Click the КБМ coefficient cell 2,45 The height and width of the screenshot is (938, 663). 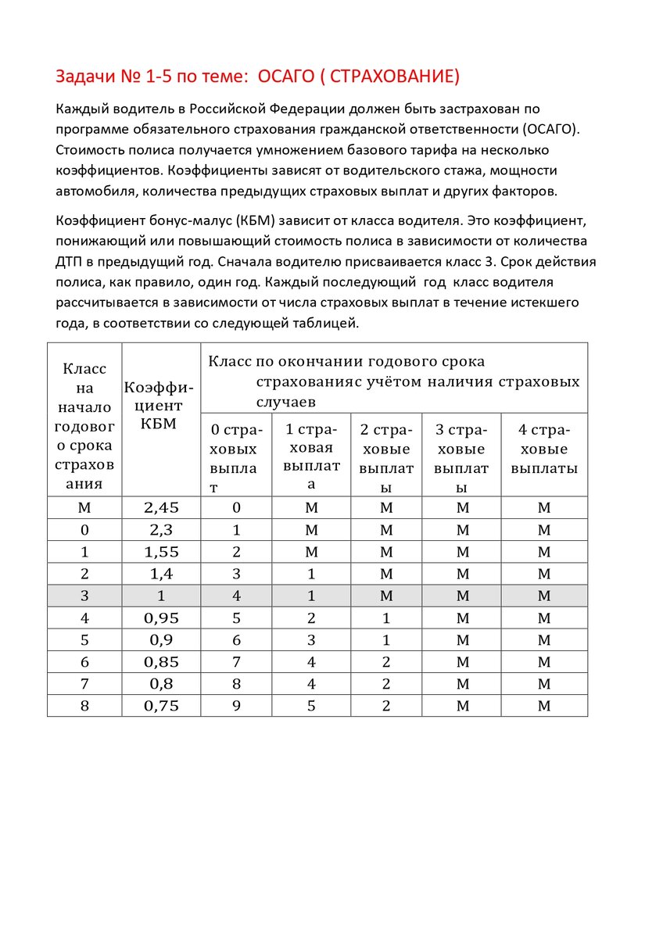pyautogui.click(x=161, y=507)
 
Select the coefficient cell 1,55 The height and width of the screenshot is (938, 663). pyautogui.click(x=161, y=551)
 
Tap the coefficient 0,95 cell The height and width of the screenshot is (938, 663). pyautogui.click(x=161, y=618)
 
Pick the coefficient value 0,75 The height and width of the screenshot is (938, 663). pyautogui.click(x=161, y=706)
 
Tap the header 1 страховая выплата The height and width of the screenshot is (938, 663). pyautogui.click(x=311, y=456)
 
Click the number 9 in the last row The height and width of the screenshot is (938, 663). pyautogui.click(x=236, y=706)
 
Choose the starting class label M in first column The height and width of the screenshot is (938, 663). pyautogui.click(x=84, y=507)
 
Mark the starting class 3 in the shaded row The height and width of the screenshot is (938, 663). pyautogui.click(x=84, y=596)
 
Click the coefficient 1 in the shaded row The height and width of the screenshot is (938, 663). pyautogui.click(x=161, y=596)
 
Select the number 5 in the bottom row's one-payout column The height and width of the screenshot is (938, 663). pyautogui.click(x=311, y=706)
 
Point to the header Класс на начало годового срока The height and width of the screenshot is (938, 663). pyautogui.click(x=84, y=426)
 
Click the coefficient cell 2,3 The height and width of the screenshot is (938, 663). pyautogui.click(x=161, y=529)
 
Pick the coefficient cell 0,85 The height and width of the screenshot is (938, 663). pyautogui.click(x=161, y=662)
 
